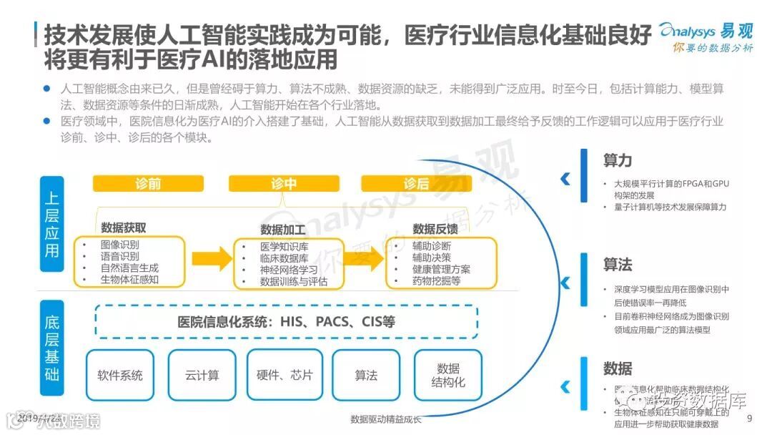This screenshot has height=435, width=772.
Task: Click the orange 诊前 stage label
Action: tap(148, 184)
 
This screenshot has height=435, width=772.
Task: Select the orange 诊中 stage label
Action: tap(284, 184)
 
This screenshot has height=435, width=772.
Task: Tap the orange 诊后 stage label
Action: tap(416, 184)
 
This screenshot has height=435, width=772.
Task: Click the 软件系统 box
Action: tap(120, 375)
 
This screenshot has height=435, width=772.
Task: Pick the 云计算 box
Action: tap(202, 375)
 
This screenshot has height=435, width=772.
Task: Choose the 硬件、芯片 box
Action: tap(284, 375)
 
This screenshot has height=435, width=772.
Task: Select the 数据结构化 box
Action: tap(448, 375)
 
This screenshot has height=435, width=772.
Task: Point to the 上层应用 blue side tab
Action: tap(51, 225)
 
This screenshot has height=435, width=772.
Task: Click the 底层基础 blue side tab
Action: tap(51, 348)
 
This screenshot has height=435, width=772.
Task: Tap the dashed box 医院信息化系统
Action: tap(286, 321)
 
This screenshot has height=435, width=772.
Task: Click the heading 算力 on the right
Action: tap(617, 160)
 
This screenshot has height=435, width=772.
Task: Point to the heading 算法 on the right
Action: tap(617, 265)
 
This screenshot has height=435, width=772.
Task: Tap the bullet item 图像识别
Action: tap(120, 245)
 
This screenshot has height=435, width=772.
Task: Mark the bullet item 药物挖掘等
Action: tap(436, 281)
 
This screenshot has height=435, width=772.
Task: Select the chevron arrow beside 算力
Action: tap(565, 178)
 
